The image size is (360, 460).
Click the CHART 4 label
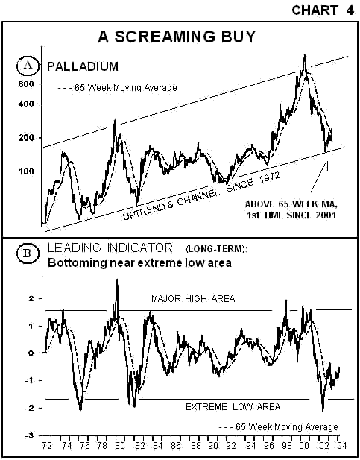[323, 10]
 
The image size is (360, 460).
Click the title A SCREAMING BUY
[177, 37]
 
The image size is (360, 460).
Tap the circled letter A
[28, 65]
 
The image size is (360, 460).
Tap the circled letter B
[28, 253]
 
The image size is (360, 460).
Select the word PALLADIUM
[83, 66]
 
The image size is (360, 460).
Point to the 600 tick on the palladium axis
[26, 84]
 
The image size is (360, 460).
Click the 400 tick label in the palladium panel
[26, 104]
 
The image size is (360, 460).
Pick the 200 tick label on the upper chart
[26, 138]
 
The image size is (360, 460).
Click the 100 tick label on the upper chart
[26, 171]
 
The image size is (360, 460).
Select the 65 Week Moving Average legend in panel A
[118, 88]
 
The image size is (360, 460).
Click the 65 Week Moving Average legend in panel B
[279, 427]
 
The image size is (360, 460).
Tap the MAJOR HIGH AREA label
[193, 299]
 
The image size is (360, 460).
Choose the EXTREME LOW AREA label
[233, 407]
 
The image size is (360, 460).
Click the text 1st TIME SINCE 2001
[291, 215]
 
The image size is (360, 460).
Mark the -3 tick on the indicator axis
[30, 435]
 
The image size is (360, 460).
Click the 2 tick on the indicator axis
[32, 299]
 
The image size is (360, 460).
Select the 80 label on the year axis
[120, 445]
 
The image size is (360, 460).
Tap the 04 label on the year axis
[341, 445]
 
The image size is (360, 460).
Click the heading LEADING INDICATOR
[110, 248]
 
